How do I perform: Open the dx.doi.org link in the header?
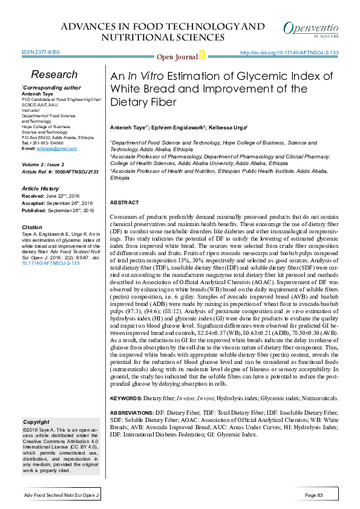click(x=289, y=53)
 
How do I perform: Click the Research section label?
click(x=54, y=74)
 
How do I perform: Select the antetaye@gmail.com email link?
click(x=53, y=148)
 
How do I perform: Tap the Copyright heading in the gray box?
click(x=36, y=421)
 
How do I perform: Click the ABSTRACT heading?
click(x=126, y=202)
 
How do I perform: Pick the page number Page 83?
click(x=315, y=496)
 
